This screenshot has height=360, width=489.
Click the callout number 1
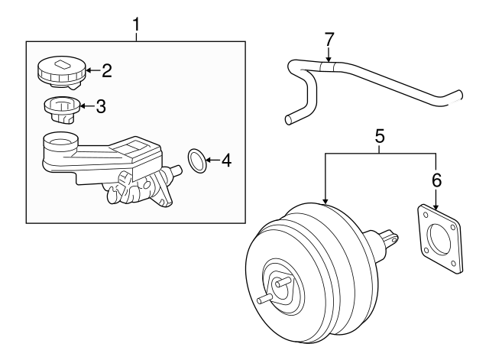136,25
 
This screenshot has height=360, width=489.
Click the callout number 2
106,71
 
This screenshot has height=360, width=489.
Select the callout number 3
100,106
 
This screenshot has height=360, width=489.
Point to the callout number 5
380,138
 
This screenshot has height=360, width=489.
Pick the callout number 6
436,180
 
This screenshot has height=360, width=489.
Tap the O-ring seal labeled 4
197,161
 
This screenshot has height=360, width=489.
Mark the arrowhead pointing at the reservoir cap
87,71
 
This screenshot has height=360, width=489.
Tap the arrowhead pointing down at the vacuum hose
329,59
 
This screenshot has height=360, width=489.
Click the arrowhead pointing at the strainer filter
84,106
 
